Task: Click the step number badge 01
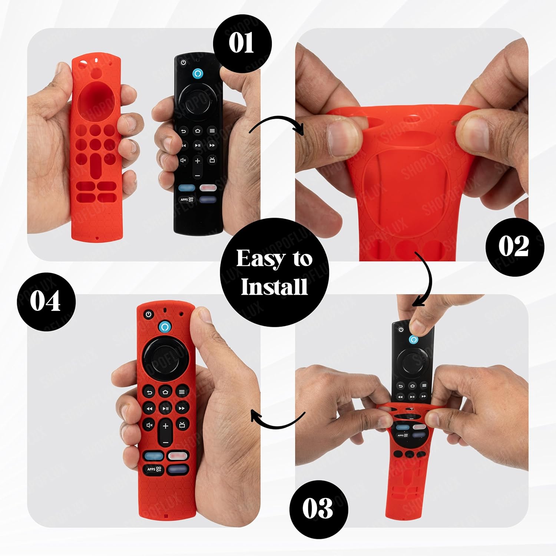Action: pyautogui.click(x=242, y=43)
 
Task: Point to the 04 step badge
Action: pyautogui.click(x=46, y=301)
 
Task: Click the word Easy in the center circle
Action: pyautogui.click(x=259, y=258)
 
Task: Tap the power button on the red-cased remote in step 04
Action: pyautogui.click(x=149, y=314)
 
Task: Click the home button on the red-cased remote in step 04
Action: pyautogui.click(x=165, y=392)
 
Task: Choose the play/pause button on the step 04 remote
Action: pyautogui.click(x=165, y=408)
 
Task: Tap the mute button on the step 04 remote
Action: pyautogui.click(x=149, y=425)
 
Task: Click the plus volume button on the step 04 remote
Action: pyautogui.click(x=165, y=426)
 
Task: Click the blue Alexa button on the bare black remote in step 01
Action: pyautogui.click(x=198, y=73)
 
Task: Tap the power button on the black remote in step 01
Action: pyautogui.click(x=183, y=63)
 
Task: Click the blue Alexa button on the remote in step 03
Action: pyautogui.click(x=413, y=340)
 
